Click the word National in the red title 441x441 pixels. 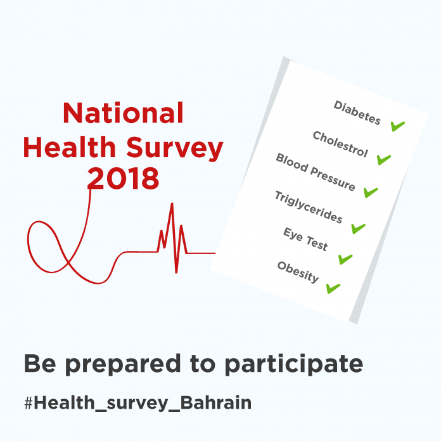coord(123,113)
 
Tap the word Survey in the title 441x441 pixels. coord(175,149)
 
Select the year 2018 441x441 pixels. coord(123,178)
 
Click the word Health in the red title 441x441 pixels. coord(70,147)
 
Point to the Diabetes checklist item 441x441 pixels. coord(357,113)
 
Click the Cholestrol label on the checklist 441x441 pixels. coord(340,144)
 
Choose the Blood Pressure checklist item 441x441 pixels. coord(316,172)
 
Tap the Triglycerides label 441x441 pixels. coord(309,207)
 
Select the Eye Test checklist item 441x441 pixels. coord(305,239)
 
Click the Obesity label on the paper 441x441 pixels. coord(298,272)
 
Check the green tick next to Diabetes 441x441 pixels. coord(398,126)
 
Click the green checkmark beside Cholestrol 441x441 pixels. coord(384,160)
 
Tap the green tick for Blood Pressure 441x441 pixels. coord(371,193)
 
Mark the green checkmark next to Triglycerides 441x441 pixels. coord(359,228)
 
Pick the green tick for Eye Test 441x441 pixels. coord(345,259)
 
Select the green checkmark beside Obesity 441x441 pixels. coord(333,288)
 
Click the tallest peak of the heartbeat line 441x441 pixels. coord(172,203)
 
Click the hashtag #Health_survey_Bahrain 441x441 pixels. coord(138,403)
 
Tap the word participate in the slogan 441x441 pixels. coord(293,364)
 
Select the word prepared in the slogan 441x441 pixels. coord(123,364)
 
